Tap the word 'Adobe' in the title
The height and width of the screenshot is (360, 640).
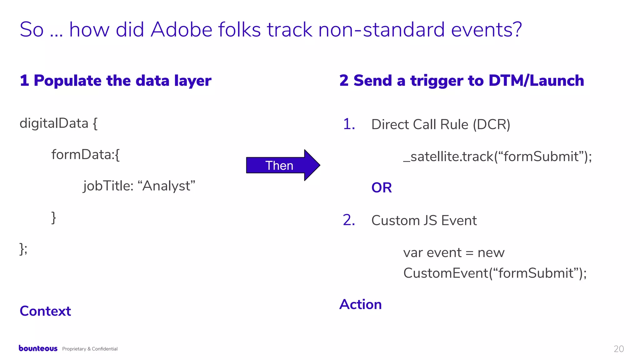(181, 30)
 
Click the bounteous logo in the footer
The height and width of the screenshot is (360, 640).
(38, 348)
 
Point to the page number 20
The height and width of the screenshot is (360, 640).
(618, 349)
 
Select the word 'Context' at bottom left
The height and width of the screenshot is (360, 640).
(45, 311)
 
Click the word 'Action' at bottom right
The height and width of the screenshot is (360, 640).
(360, 304)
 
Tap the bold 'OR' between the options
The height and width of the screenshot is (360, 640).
(381, 187)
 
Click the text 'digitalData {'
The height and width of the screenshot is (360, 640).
(58, 123)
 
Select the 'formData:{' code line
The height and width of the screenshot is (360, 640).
(85, 154)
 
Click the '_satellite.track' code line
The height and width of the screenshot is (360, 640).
(497, 156)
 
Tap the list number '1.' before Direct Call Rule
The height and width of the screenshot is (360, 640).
(349, 124)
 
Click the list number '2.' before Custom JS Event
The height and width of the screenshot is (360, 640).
(349, 220)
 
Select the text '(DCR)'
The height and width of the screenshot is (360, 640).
(491, 124)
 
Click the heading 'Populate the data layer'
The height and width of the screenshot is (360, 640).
(122, 81)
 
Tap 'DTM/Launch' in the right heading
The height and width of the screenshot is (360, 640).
(536, 81)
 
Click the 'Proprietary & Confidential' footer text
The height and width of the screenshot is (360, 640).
(90, 349)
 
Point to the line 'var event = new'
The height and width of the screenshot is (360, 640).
(453, 252)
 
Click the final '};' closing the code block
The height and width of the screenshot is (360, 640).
(23, 249)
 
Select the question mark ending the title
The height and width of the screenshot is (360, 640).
(517, 30)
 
